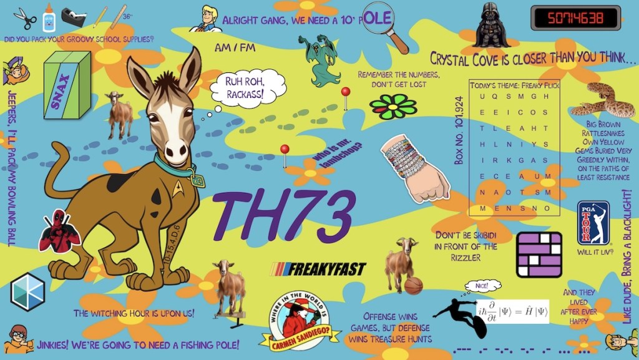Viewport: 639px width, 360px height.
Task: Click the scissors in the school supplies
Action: (26, 18)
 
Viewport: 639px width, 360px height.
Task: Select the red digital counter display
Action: (575, 18)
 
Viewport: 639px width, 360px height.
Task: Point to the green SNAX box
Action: (67, 85)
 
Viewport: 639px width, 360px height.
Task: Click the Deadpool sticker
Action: (59, 231)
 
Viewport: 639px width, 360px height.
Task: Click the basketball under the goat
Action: (413, 286)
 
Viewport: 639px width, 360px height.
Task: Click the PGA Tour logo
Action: (593, 223)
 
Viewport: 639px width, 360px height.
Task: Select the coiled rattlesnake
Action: (602, 99)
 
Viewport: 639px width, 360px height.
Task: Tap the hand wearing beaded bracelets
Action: (416, 168)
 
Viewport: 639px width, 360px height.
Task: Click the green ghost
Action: (321, 60)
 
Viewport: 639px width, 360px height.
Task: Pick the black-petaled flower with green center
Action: (393, 107)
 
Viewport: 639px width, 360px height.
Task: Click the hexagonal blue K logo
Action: (27, 291)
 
